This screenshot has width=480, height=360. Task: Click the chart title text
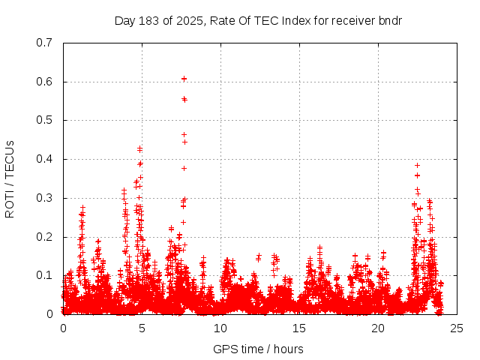click(x=258, y=20)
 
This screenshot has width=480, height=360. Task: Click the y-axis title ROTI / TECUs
click(x=10, y=178)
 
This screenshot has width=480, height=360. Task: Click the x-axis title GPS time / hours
click(x=258, y=349)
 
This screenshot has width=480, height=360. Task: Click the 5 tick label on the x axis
click(x=142, y=328)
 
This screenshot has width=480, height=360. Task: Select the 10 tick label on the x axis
click(x=220, y=328)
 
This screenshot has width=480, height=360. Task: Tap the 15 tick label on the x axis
click(x=299, y=328)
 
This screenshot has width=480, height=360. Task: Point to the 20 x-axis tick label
click(x=378, y=328)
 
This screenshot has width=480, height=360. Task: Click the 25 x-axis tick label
click(x=457, y=328)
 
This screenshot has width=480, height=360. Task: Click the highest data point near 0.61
click(x=184, y=78)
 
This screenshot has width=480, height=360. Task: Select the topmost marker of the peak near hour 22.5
click(x=417, y=165)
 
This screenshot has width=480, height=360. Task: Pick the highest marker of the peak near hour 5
click(x=139, y=148)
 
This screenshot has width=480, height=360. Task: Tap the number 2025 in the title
click(x=190, y=20)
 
